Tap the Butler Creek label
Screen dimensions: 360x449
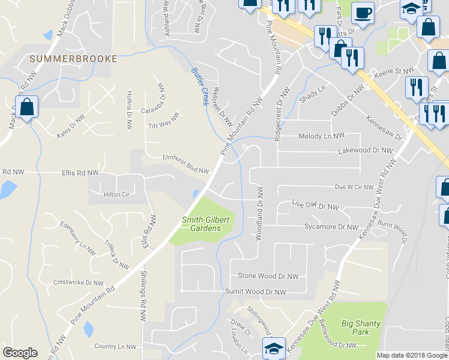click(199, 86)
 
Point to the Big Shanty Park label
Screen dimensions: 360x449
click(361, 328)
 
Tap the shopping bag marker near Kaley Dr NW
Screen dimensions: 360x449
click(27, 108)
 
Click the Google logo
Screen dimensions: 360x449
click(20, 353)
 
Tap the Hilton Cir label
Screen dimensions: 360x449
click(116, 194)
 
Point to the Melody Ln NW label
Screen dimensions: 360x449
click(322, 136)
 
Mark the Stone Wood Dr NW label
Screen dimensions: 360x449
click(268, 277)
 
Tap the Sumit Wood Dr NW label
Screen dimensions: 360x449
click(254, 292)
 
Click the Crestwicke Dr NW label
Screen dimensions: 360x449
click(79, 282)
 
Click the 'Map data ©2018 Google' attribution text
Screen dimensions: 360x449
click(412, 355)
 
